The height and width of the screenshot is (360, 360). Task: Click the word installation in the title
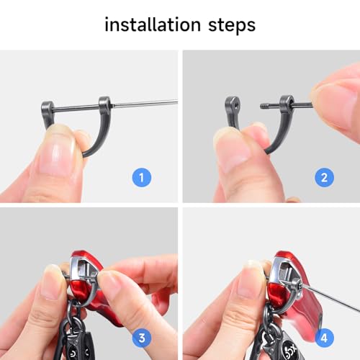click(x=153, y=24)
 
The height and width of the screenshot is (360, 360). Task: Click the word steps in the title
click(x=232, y=25)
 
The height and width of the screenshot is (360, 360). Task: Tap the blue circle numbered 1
click(x=142, y=178)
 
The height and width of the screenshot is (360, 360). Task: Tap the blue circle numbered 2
click(x=324, y=178)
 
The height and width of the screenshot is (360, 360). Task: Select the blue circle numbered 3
click(x=142, y=338)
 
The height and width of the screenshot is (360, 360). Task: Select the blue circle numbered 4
click(x=324, y=338)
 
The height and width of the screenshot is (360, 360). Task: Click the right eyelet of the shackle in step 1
click(x=105, y=102)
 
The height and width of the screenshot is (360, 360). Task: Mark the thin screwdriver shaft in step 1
click(x=145, y=103)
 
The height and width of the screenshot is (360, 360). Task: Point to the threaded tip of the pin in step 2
click(x=266, y=106)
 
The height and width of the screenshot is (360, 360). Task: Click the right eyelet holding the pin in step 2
click(x=287, y=102)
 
